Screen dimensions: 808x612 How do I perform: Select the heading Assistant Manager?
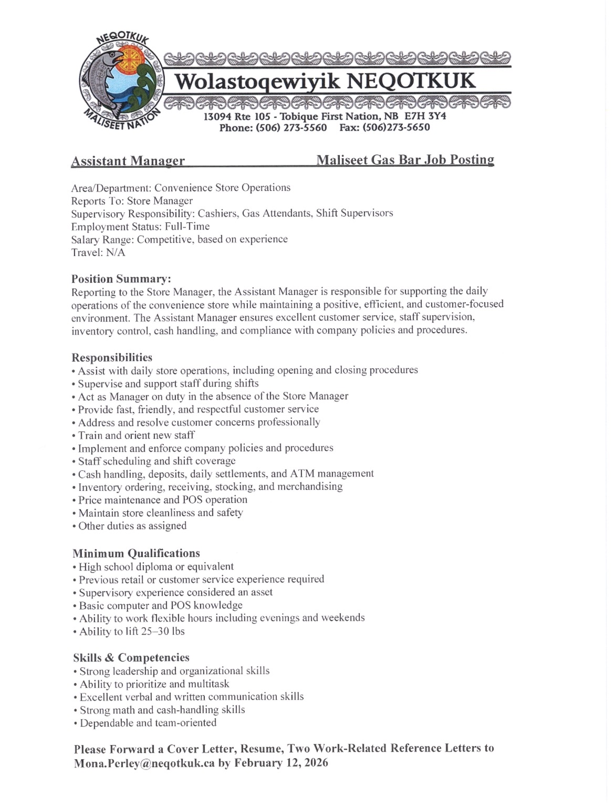(x=128, y=161)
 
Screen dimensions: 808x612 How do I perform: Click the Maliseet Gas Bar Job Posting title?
(x=405, y=160)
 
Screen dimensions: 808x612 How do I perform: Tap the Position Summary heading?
(x=121, y=278)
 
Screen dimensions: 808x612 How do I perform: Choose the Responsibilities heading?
(x=112, y=358)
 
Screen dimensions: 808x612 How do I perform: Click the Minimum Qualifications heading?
(x=136, y=553)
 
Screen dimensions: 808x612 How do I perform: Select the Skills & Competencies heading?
(x=131, y=658)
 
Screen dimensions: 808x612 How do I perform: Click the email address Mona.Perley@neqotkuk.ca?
(x=144, y=763)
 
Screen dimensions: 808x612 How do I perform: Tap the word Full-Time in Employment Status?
(x=187, y=226)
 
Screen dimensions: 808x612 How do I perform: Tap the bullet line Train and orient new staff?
(x=136, y=435)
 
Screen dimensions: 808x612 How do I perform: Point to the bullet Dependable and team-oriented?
(x=148, y=723)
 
